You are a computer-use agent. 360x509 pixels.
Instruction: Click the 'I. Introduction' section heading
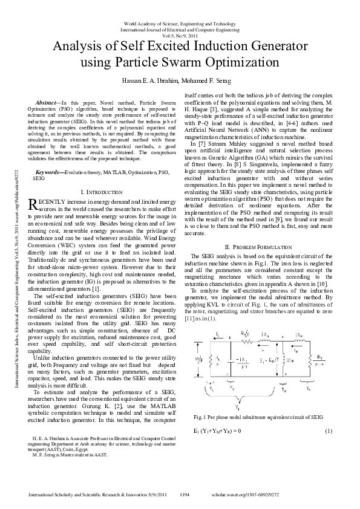(105, 191)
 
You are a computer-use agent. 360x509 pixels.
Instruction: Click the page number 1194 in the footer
(185, 494)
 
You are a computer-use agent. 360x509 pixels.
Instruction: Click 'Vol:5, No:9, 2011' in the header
(180, 36)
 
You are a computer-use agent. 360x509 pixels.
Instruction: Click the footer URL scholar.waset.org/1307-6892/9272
(292, 494)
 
